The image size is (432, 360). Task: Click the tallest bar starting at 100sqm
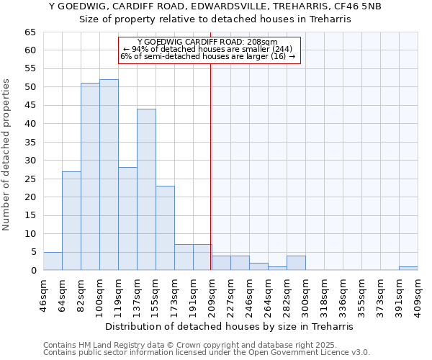(x=109, y=175)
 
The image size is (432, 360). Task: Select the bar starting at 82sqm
(x=90, y=176)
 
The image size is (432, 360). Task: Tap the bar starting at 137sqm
(x=146, y=189)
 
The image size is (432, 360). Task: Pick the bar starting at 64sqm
(x=71, y=221)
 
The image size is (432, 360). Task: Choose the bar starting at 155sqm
(x=165, y=228)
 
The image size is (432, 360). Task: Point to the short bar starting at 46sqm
(x=53, y=261)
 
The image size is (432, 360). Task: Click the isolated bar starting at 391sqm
(x=408, y=269)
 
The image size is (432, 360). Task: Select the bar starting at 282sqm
(x=296, y=263)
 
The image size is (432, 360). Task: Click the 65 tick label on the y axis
(x=30, y=32)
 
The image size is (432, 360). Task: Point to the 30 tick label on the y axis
(x=30, y=161)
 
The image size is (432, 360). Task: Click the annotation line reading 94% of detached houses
(x=207, y=49)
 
